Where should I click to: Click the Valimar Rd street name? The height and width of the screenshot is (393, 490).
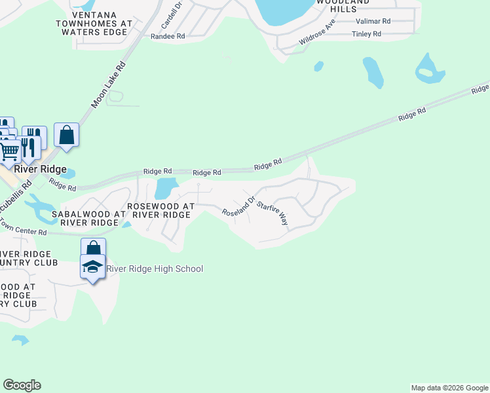point(376,21)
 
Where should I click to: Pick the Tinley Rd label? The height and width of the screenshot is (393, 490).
point(366,33)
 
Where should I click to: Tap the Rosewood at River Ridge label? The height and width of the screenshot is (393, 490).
point(161,210)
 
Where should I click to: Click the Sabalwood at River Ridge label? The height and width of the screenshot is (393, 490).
point(92,218)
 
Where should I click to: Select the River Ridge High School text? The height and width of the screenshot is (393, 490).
point(155,269)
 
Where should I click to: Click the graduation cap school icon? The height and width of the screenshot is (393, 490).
point(92,267)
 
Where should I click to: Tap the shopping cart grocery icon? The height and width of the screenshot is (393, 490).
point(9,151)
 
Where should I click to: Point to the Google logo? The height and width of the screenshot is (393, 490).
point(22,385)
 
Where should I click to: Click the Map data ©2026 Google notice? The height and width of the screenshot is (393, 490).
point(449,388)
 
